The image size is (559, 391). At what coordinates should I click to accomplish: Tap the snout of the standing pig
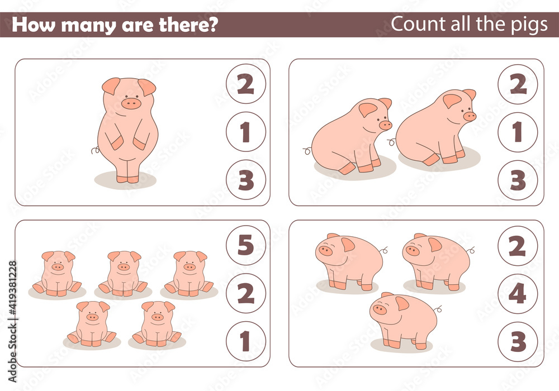click(x=131, y=103)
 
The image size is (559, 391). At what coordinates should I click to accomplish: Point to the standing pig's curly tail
click(x=96, y=150)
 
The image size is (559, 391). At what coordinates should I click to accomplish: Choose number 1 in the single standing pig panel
click(x=246, y=132)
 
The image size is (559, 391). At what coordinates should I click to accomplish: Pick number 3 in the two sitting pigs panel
click(x=518, y=180)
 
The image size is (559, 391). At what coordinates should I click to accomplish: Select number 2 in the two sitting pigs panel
click(x=518, y=84)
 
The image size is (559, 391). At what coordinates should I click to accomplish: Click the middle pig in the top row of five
click(x=123, y=273)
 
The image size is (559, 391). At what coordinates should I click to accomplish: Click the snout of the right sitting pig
click(x=470, y=116)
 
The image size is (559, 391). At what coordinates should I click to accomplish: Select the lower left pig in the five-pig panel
click(x=92, y=323)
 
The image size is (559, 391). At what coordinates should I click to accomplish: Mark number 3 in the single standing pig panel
click(x=246, y=180)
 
